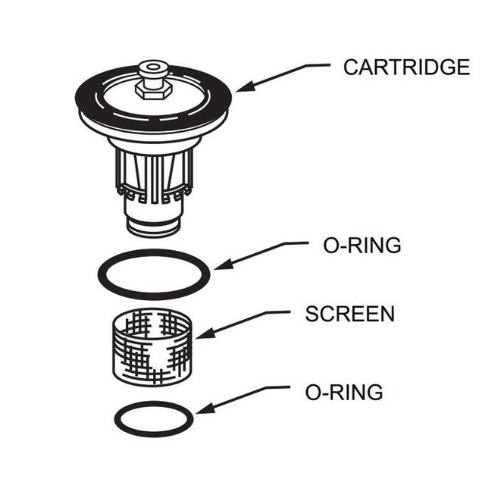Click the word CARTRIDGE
[x=405, y=67]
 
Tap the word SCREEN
[x=349, y=314]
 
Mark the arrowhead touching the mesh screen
[x=201, y=334]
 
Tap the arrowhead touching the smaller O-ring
[x=199, y=412]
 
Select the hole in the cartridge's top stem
[x=153, y=69]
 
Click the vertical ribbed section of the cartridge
[x=151, y=174]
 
